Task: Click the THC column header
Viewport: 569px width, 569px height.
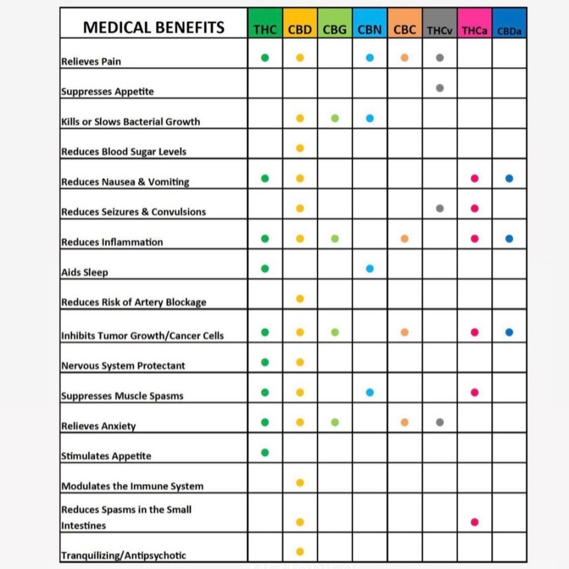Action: click(x=265, y=30)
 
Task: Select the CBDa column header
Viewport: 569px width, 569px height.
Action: click(x=509, y=31)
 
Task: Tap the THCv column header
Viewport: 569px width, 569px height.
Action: click(x=440, y=31)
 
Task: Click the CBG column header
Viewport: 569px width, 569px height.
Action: click(x=335, y=30)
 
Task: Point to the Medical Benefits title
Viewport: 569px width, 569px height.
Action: click(x=154, y=28)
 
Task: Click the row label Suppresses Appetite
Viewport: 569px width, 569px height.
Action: click(x=107, y=92)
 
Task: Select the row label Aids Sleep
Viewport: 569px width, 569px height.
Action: click(x=84, y=272)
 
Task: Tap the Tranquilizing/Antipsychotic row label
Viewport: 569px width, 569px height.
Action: click(x=123, y=555)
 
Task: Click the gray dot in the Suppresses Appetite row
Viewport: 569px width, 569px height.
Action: click(x=440, y=88)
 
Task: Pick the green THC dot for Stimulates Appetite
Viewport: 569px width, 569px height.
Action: click(x=265, y=452)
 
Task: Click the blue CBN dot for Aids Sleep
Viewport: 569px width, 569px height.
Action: click(x=370, y=268)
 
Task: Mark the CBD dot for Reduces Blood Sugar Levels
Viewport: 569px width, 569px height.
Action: click(x=300, y=148)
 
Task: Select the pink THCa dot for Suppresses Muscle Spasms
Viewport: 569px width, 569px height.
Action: click(x=475, y=392)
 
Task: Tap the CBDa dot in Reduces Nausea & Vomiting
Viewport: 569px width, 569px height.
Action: click(x=509, y=178)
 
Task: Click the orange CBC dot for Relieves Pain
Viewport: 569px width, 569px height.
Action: click(x=405, y=58)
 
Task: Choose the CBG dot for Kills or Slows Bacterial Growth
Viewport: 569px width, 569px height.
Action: click(x=335, y=118)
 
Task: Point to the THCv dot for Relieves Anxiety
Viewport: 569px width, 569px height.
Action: click(x=440, y=422)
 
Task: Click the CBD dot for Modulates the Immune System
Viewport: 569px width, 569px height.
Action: click(x=300, y=482)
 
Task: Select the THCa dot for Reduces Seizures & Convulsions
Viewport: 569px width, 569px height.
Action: click(x=475, y=208)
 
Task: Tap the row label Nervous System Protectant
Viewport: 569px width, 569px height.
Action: click(x=123, y=366)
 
